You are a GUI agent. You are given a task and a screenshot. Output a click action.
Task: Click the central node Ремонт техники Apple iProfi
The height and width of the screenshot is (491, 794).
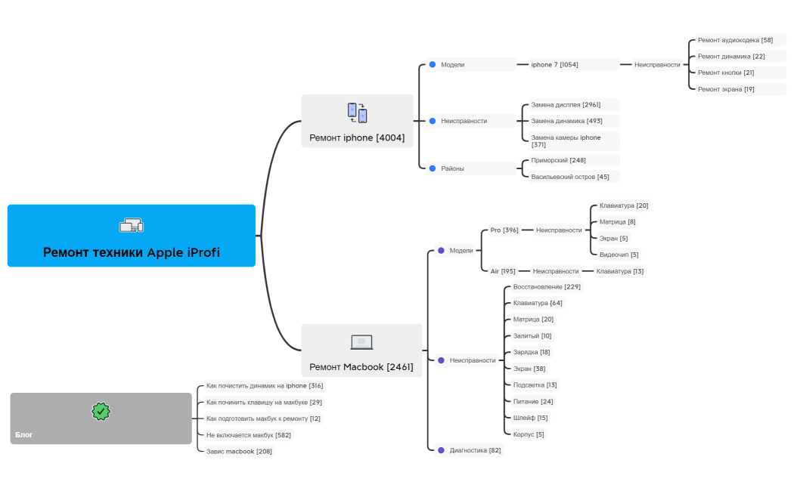tap(132, 252)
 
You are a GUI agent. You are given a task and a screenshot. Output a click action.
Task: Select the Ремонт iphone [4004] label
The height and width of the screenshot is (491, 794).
tap(357, 137)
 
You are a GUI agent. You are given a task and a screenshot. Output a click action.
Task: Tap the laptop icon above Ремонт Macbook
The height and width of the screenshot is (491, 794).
tap(361, 342)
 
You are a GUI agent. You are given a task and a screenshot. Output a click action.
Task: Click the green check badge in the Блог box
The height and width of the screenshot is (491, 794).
tap(101, 411)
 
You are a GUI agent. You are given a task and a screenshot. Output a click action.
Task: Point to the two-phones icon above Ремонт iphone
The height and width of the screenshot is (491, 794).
tap(357, 113)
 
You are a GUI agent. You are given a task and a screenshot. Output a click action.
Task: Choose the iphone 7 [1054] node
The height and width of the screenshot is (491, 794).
tap(554, 65)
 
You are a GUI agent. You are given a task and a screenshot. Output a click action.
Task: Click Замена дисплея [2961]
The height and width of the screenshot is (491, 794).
tap(566, 104)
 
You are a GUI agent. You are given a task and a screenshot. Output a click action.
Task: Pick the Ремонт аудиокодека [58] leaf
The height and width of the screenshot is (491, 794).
tap(735, 40)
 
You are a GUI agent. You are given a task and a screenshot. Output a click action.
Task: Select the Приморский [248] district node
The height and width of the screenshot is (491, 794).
tap(558, 160)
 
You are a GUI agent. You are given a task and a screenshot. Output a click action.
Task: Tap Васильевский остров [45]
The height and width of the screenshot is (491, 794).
tap(569, 177)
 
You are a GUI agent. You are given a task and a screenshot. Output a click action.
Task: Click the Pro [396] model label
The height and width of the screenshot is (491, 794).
tap(504, 230)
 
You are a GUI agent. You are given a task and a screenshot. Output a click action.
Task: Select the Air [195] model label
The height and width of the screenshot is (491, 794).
tap(503, 270)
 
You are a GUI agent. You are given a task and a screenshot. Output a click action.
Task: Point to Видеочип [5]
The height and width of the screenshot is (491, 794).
tap(619, 255)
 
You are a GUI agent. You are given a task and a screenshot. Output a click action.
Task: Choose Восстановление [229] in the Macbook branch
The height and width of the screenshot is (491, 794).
tap(547, 287)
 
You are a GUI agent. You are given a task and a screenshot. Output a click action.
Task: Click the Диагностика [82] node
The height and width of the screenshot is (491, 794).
tap(475, 450)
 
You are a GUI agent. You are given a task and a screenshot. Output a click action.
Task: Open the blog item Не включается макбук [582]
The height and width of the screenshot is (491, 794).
tap(248, 435)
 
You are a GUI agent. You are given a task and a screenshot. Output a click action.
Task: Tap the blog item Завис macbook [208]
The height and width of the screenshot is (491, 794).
tap(239, 451)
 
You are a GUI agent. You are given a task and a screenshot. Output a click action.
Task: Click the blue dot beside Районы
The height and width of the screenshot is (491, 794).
tap(433, 168)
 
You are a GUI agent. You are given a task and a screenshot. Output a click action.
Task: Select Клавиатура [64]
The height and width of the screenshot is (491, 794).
tap(538, 303)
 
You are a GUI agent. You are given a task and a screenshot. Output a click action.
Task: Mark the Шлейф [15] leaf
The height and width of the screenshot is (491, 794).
tap(530, 418)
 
